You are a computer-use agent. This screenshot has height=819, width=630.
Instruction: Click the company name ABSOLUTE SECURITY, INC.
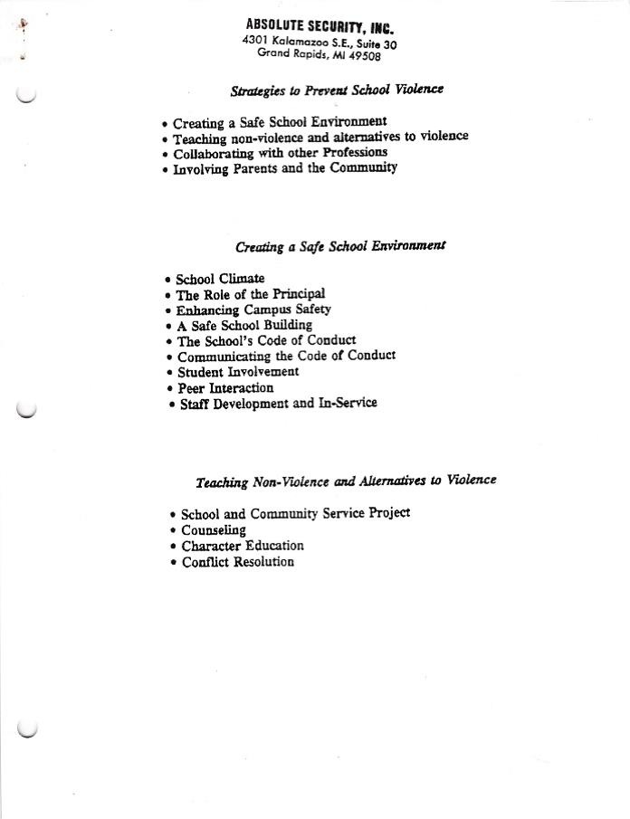320,26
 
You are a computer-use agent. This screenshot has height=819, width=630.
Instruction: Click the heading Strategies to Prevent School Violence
337,90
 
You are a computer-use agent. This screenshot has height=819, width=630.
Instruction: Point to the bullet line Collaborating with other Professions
280,153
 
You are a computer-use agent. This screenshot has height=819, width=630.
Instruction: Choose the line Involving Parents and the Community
284,168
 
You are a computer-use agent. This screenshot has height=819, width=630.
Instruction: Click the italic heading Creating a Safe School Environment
340,246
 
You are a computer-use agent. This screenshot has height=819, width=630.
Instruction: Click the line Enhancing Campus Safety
253,310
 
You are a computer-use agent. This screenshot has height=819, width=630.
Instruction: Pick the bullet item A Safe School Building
244,325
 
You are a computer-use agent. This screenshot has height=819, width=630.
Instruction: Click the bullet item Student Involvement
238,372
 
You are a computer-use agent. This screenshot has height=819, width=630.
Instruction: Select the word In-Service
348,403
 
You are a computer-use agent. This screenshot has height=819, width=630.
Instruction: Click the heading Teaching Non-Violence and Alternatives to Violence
346,481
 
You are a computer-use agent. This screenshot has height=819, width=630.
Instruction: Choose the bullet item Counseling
214,530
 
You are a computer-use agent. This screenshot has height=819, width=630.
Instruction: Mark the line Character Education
243,546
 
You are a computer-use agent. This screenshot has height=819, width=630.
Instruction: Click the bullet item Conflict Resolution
238,562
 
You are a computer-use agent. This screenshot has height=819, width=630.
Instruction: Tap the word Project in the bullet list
390,513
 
